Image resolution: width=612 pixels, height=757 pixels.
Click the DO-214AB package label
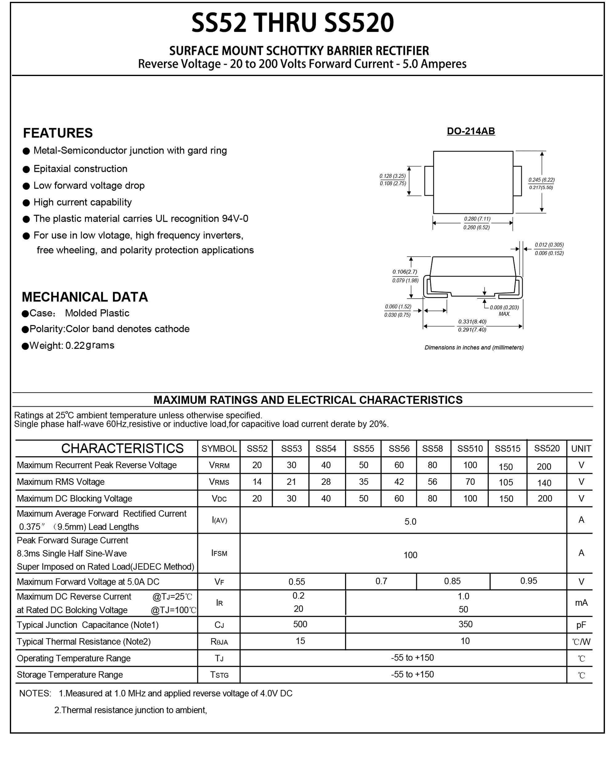tap(471, 131)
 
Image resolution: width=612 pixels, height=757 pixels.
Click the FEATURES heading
tap(58, 133)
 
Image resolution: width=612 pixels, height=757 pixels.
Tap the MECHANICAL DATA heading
tap(85, 297)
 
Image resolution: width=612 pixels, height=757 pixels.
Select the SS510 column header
tap(470, 449)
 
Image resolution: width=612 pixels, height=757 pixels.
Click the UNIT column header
tap(581, 449)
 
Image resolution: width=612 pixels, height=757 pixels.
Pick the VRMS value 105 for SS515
tap(505, 482)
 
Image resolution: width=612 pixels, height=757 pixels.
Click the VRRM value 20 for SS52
tap(257, 465)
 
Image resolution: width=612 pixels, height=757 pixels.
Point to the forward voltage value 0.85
tap(452, 581)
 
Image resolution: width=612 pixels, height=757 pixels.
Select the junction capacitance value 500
tap(300, 624)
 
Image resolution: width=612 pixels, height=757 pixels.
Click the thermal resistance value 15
tap(300, 641)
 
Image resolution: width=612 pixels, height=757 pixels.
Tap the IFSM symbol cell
tap(219, 553)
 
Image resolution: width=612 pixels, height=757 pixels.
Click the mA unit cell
tap(581, 602)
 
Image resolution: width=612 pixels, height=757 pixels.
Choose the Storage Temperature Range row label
tap(70, 674)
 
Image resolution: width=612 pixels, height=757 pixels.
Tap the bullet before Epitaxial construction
tap(26, 169)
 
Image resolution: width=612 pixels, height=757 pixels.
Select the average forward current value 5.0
tap(410, 521)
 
